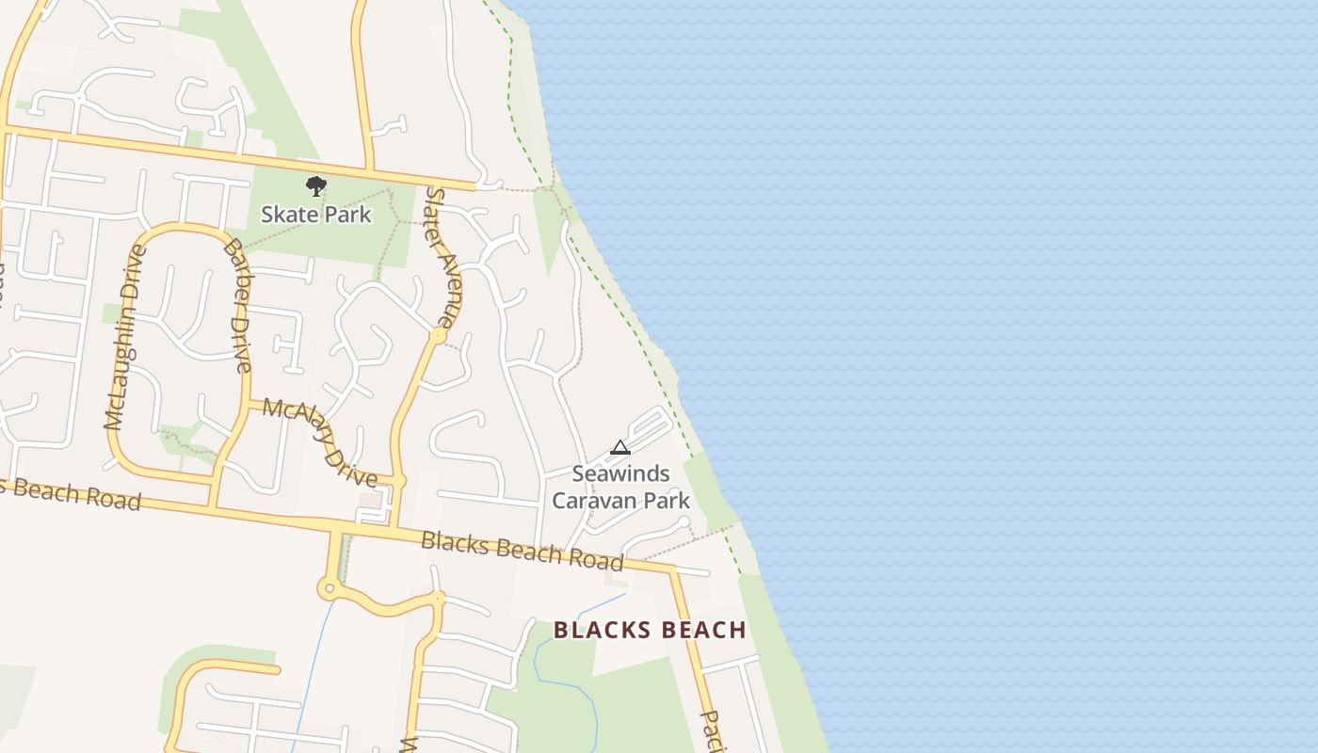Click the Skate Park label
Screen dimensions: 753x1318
click(316, 215)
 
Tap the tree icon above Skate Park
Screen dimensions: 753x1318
click(316, 186)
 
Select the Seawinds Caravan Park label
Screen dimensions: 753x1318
click(620, 487)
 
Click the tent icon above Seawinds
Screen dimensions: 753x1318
click(619, 448)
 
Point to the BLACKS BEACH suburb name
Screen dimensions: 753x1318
click(650, 630)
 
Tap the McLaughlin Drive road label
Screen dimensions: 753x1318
click(125, 337)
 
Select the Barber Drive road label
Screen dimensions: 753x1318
click(238, 306)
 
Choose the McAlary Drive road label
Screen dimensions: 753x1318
click(320, 441)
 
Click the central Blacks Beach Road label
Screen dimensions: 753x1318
click(522, 551)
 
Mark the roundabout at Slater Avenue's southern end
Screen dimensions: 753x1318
click(438, 335)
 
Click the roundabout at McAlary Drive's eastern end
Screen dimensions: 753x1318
click(398, 481)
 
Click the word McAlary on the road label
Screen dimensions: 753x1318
click(294, 420)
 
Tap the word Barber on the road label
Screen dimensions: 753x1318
click(233, 266)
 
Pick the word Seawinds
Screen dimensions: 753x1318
click(620, 473)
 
